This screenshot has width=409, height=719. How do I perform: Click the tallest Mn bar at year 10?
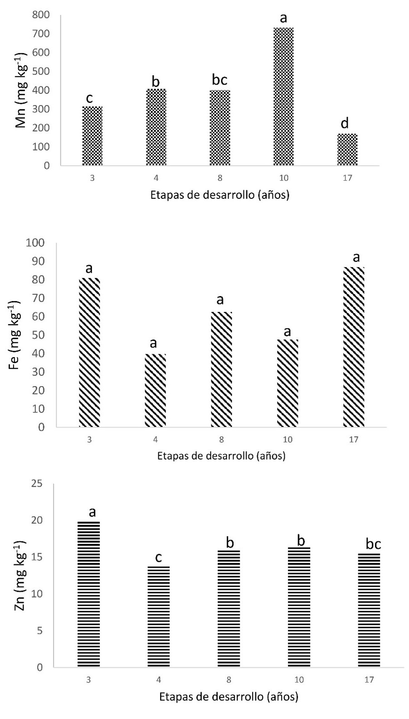click(x=283, y=96)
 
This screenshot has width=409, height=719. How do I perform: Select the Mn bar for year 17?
click(x=347, y=149)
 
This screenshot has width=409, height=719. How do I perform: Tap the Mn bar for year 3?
click(x=92, y=136)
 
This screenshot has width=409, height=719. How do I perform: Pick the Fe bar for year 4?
click(x=156, y=390)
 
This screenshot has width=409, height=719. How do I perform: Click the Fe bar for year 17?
click(x=354, y=347)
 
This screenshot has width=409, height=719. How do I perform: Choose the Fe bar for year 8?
click(x=221, y=369)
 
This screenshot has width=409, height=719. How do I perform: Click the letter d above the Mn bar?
click(x=345, y=123)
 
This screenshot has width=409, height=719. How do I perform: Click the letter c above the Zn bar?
click(x=159, y=557)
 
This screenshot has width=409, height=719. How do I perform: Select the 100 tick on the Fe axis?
click(x=36, y=243)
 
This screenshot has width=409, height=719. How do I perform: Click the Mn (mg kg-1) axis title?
click(x=21, y=91)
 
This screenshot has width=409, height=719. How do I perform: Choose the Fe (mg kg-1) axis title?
click(x=15, y=335)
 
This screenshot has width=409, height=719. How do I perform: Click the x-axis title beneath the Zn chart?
click(x=229, y=696)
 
